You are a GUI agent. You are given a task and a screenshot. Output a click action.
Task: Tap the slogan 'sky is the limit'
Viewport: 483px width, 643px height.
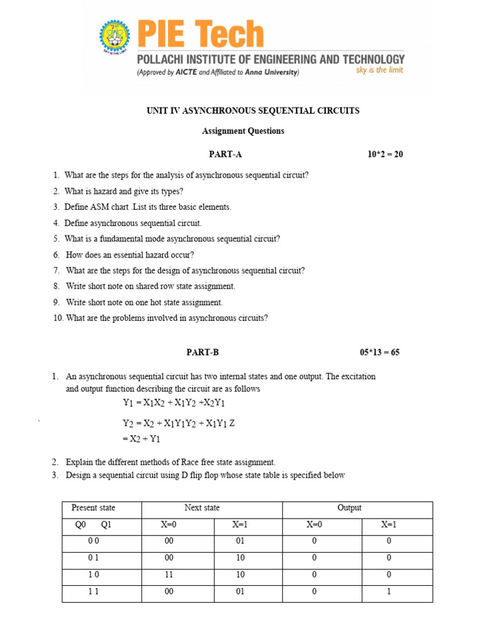click(379, 70)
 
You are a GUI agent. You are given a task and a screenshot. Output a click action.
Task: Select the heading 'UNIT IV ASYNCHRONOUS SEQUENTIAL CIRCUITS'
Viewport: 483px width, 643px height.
click(253, 111)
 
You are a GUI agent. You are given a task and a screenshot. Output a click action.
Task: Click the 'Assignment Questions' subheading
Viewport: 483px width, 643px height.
click(243, 131)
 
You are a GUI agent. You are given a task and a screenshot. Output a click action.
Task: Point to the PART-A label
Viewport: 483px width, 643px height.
click(225, 154)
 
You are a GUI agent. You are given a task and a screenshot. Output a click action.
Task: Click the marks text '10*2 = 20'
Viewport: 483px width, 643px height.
click(385, 154)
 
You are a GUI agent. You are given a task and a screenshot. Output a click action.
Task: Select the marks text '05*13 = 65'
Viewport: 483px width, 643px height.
click(379, 353)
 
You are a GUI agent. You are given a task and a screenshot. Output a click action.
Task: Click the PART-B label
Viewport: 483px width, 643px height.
click(203, 353)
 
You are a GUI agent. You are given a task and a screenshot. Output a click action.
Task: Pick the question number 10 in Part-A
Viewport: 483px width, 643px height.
click(58, 318)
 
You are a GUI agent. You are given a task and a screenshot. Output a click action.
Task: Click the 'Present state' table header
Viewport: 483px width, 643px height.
click(94, 508)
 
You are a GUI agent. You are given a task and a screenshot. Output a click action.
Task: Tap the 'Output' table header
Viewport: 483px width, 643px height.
click(350, 508)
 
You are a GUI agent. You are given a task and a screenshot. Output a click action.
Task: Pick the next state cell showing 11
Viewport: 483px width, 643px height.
click(169, 575)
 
